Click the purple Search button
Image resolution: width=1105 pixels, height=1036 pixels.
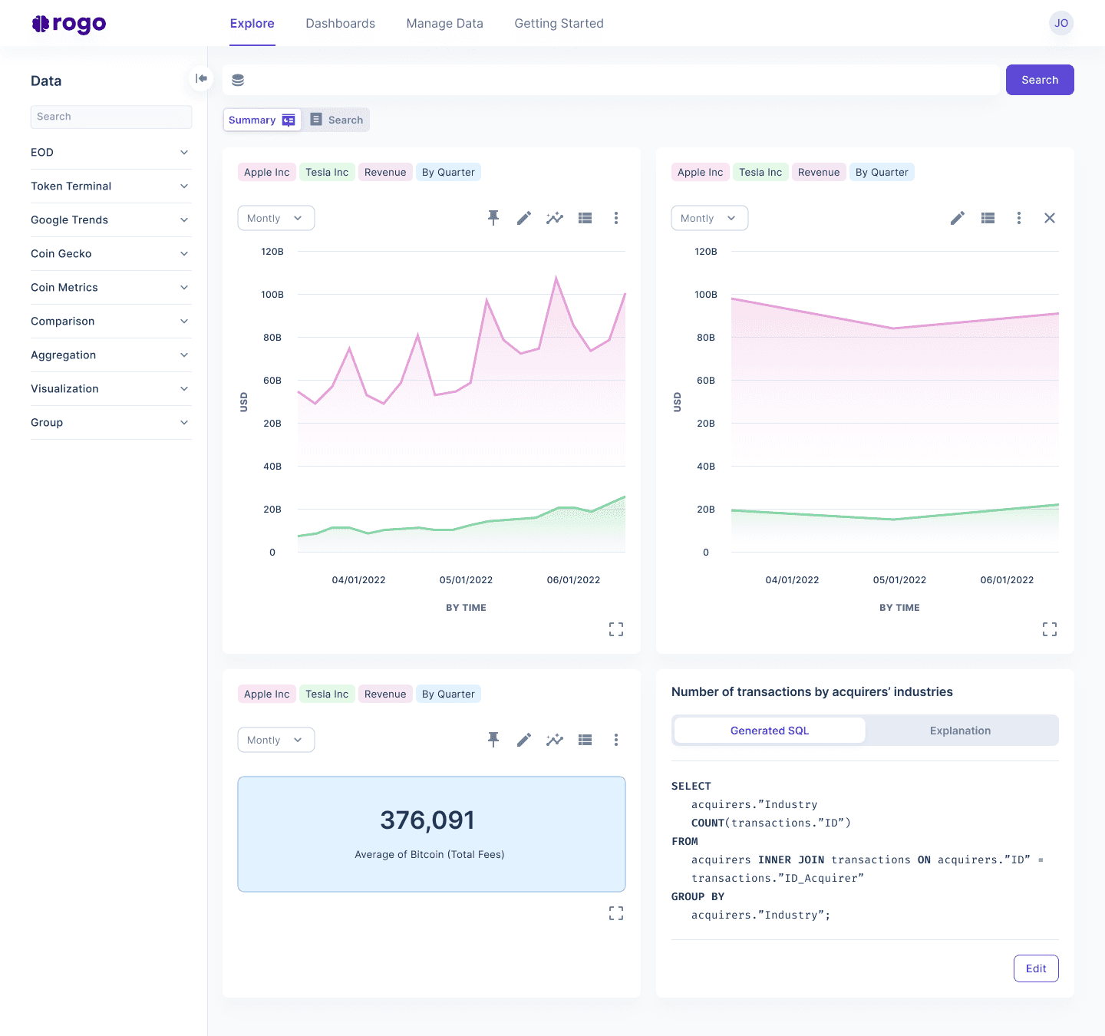(x=1040, y=80)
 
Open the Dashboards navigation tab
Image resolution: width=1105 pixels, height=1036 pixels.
(x=340, y=24)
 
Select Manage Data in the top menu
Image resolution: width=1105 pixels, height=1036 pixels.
(x=444, y=24)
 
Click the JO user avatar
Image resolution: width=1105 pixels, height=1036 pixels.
(x=1061, y=23)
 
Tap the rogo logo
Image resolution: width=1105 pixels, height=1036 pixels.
(x=69, y=24)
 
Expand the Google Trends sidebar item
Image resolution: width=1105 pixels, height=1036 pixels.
(x=110, y=220)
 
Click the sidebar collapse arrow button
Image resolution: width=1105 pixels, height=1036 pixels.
(x=201, y=78)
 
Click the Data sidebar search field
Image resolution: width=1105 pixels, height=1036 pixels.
(x=111, y=117)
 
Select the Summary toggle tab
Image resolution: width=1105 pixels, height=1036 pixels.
(x=262, y=120)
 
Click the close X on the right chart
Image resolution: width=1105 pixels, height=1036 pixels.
(x=1050, y=218)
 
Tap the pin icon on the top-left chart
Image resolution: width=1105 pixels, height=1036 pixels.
(x=493, y=218)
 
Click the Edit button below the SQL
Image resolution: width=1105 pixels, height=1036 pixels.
(x=1036, y=968)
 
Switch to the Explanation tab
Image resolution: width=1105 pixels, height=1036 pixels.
(x=960, y=731)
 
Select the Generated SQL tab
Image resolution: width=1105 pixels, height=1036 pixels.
(x=770, y=731)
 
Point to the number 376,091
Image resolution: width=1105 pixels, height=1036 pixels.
(x=427, y=820)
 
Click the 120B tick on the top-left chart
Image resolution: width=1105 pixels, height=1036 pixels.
(x=272, y=252)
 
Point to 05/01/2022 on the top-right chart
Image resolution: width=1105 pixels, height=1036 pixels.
(x=899, y=580)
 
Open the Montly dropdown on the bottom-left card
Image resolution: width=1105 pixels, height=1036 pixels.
(x=276, y=740)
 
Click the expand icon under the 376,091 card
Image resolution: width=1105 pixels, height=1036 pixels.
(x=616, y=913)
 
